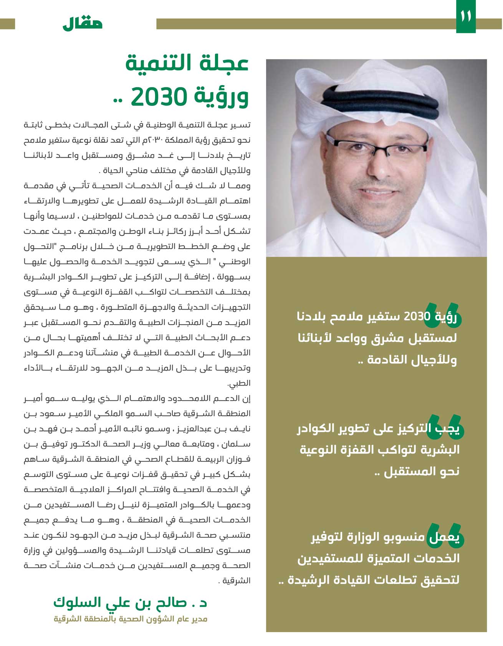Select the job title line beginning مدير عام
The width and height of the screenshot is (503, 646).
pos(131,619)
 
